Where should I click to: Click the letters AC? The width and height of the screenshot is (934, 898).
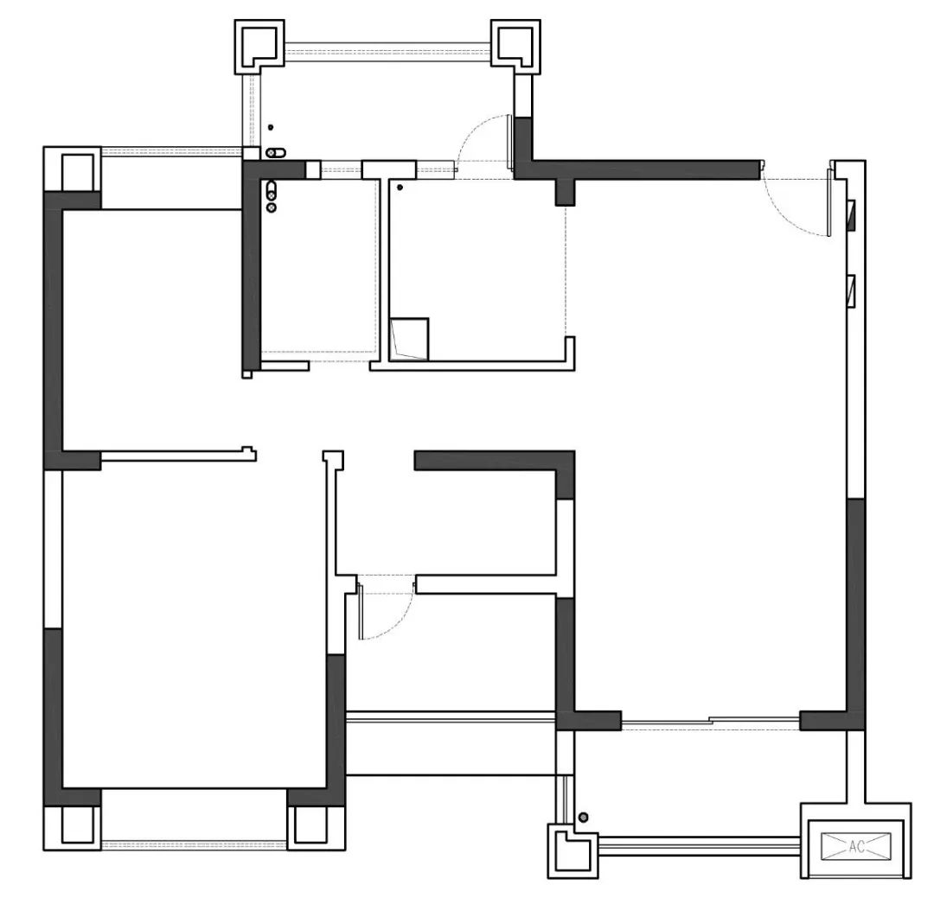856,846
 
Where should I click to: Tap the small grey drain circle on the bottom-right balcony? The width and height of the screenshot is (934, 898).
584,817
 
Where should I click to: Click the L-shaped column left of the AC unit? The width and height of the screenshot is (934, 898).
573,850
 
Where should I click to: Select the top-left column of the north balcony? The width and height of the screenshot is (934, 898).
259,47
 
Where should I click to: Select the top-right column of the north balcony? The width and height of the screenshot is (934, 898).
515,47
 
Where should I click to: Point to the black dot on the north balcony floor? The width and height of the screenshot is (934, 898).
271,127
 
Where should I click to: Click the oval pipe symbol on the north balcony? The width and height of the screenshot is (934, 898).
276,153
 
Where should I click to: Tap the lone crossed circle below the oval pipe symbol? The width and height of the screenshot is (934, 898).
272,207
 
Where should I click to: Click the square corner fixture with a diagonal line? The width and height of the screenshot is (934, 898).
409,340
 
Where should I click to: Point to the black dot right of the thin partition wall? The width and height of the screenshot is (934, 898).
400,188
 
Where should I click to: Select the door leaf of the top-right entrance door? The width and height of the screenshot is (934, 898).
829,202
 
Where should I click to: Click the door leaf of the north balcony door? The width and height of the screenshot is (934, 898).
510,143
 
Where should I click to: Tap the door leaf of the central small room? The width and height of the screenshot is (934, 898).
361,612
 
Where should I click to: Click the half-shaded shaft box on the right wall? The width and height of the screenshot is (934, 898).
851,215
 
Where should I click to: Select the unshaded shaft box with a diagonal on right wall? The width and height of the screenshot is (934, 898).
851,290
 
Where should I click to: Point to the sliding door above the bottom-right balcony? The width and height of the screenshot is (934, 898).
710,723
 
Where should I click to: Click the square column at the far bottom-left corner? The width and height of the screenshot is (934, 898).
72,828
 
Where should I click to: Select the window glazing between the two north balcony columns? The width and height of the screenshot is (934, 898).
387,47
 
